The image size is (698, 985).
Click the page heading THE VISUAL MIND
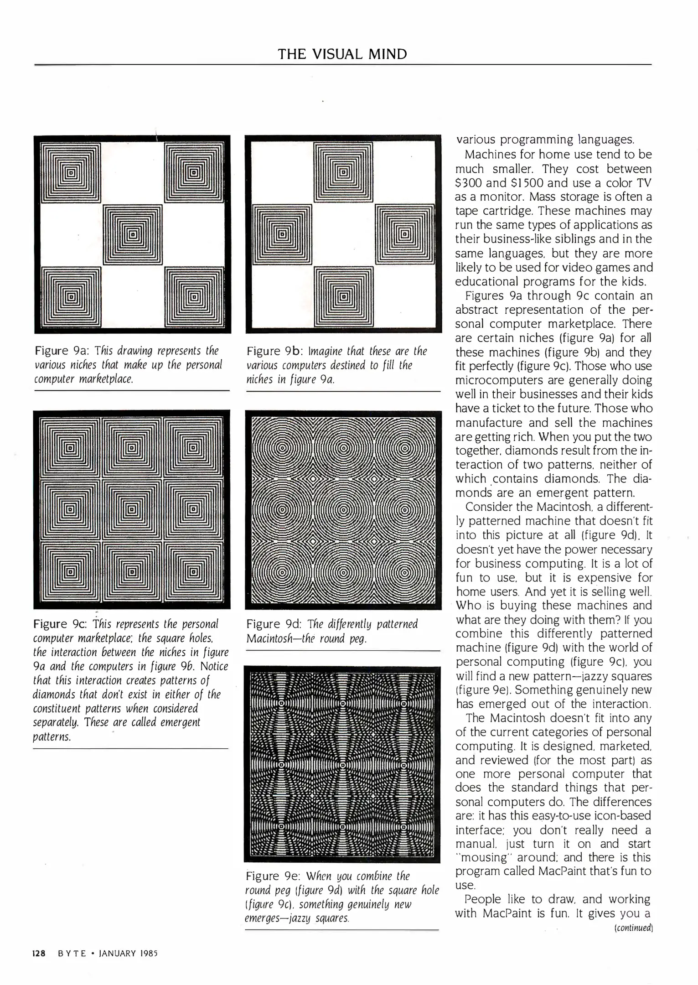[x=342, y=54]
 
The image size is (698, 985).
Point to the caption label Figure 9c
[x=62, y=624]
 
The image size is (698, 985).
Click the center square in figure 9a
[x=133, y=235]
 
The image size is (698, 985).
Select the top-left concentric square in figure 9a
[x=70, y=172]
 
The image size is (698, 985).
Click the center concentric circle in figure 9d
[x=343, y=510]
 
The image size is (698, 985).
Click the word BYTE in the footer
[x=72, y=953]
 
